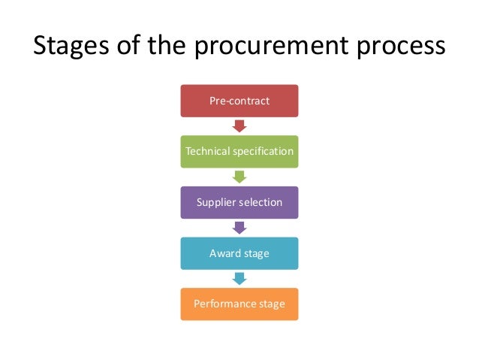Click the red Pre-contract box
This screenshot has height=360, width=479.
pyautogui.click(x=239, y=101)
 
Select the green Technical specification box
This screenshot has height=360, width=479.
pyautogui.click(x=239, y=151)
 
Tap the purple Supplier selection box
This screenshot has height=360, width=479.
pyautogui.click(x=239, y=202)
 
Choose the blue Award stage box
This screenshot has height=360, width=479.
pyautogui.click(x=239, y=253)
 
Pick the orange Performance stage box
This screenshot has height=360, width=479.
pyautogui.click(x=239, y=304)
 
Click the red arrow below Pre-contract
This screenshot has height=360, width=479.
pyautogui.click(x=239, y=126)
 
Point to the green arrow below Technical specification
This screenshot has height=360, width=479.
pyautogui.click(x=239, y=177)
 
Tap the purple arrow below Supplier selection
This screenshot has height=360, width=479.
pyautogui.click(x=239, y=228)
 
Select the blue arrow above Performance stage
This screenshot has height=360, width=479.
pyautogui.click(x=239, y=278)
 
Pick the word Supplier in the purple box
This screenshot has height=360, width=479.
pyautogui.click(x=216, y=203)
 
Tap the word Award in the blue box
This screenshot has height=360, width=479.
pyautogui.click(x=223, y=254)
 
